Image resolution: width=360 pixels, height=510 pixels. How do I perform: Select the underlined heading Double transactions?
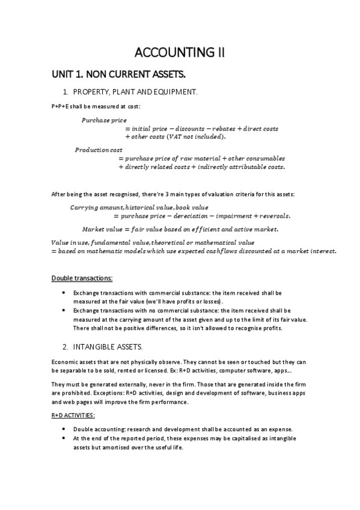pos(82,278)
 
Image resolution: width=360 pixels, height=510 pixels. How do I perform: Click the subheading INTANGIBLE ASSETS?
pos(112,347)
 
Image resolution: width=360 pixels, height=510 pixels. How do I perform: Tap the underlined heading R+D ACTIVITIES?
pos(73,416)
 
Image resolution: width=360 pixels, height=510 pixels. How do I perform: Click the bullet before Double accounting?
pos(64,429)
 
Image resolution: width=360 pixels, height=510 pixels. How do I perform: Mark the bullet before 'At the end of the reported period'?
pos(64,438)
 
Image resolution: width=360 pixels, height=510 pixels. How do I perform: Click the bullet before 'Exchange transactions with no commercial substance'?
pos(64,310)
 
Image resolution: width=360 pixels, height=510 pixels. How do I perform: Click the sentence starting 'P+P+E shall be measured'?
pos(96,106)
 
